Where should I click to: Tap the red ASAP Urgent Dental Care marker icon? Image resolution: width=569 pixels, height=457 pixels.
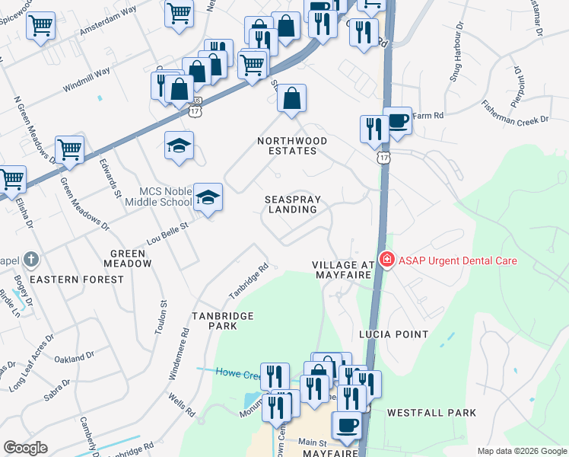tap(386, 260)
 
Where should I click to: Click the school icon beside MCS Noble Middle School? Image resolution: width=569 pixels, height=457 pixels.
tap(208, 197)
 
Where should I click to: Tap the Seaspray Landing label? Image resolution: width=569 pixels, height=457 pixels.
tap(293, 204)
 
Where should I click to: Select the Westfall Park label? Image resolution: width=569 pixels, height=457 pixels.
tap(431, 413)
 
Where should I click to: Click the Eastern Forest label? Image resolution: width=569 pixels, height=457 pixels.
tap(84, 280)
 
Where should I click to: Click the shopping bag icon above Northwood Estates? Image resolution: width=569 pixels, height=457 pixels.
tap(291, 98)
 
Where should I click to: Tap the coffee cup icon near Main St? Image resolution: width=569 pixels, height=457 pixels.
tap(348, 425)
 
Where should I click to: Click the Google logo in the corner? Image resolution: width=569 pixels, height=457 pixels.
tap(25, 448)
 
